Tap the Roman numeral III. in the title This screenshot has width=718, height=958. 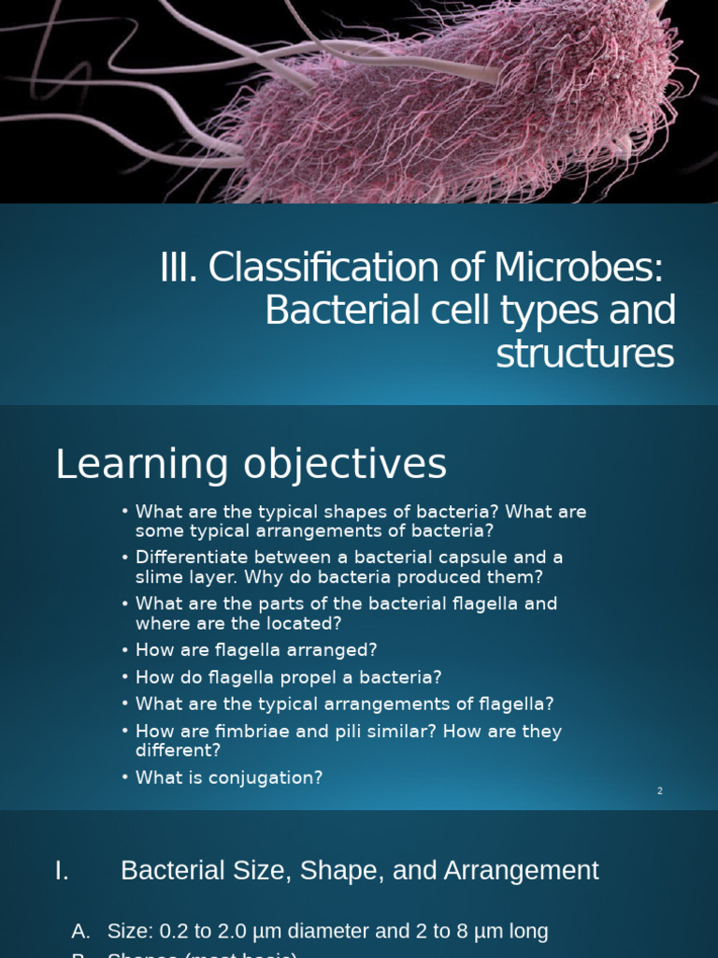(x=179, y=269)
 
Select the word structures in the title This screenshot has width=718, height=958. (x=584, y=355)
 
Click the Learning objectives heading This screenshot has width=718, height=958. (x=251, y=464)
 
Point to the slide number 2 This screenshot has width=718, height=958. (x=659, y=791)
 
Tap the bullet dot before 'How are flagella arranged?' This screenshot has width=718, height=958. (x=125, y=650)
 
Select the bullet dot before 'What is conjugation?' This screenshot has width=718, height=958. (x=125, y=777)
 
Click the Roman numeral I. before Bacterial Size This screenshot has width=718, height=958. (x=62, y=870)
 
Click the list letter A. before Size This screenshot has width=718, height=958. (x=81, y=931)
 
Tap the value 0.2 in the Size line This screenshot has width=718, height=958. (x=175, y=931)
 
